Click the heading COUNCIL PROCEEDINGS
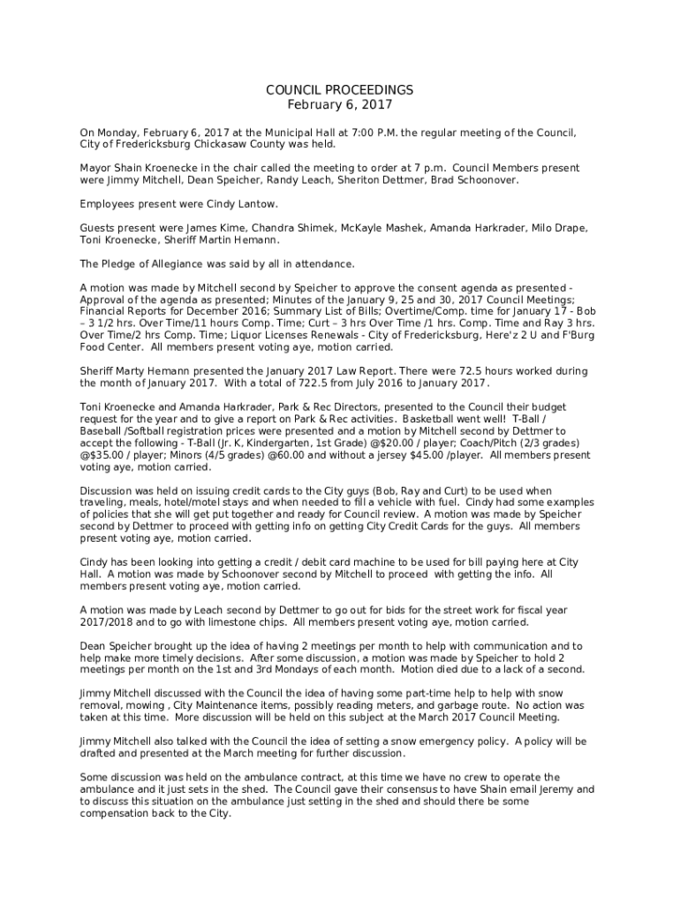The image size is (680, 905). [x=340, y=90]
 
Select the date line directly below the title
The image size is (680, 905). [x=340, y=105]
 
